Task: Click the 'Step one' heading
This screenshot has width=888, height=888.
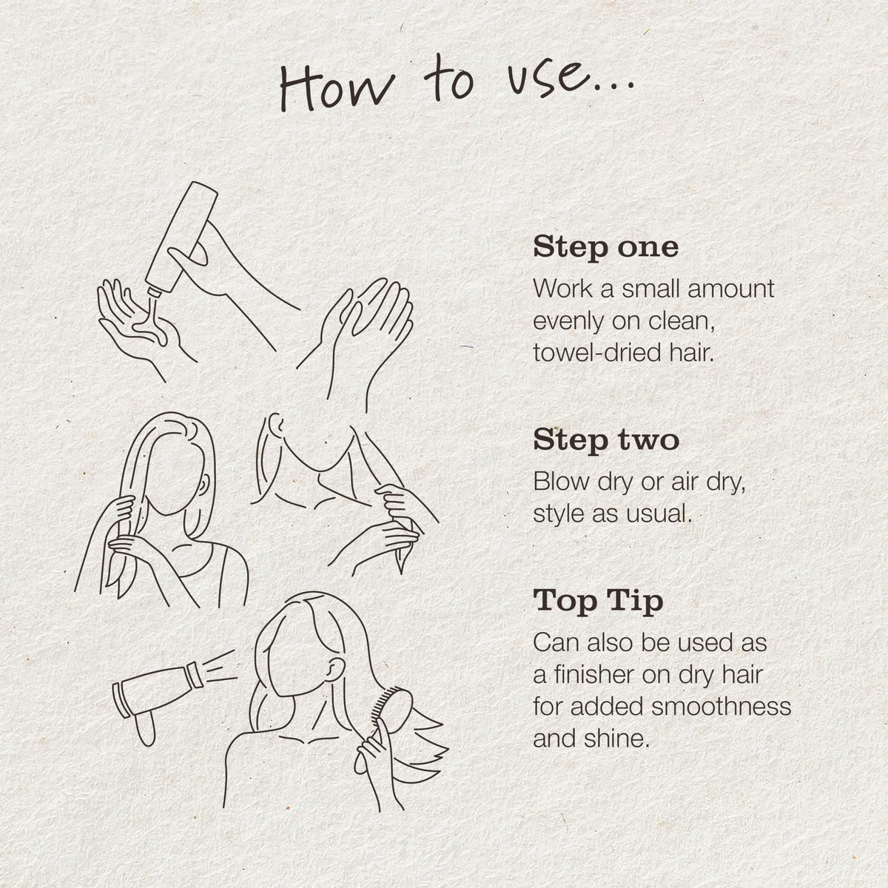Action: (605, 248)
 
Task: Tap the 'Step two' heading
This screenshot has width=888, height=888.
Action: (606, 440)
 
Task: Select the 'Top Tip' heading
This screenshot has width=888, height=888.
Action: (598, 602)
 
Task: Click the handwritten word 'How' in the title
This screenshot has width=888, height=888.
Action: (337, 88)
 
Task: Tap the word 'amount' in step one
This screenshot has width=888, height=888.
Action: (730, 289)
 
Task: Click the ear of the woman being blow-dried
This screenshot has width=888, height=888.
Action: (336, 669)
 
